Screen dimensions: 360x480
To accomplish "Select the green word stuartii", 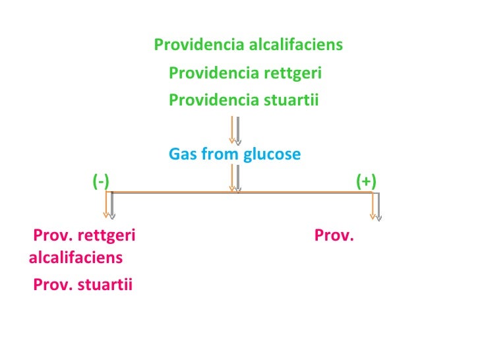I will click(291, 100).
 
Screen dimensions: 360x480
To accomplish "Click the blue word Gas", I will click(183, 154).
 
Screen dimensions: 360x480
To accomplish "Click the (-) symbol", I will click(101, 181).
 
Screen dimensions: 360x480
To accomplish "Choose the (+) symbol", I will click(366, 181).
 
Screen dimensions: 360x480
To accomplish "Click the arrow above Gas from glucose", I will click(235, 130).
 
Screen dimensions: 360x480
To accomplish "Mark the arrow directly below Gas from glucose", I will click(235, 178).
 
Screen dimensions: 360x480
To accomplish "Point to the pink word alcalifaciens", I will click(76, 257).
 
